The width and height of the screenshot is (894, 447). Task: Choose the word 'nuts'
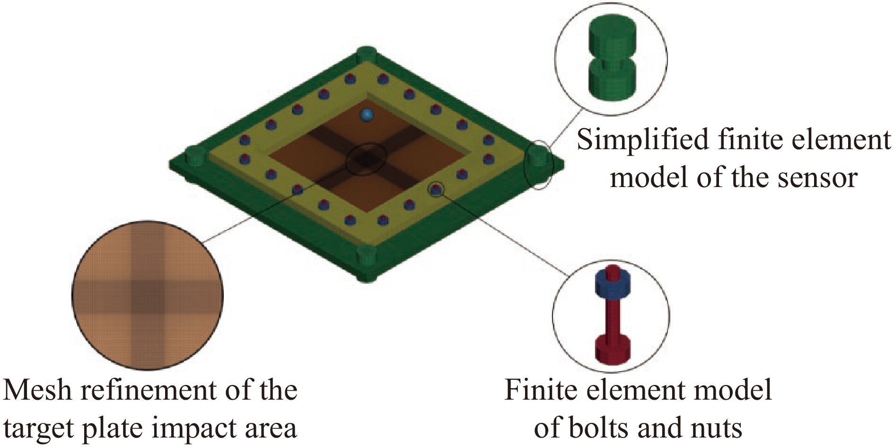click(x=717, y=428)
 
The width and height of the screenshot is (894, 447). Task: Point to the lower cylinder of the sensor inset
click(x=611, y=82)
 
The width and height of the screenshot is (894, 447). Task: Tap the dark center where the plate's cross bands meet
click(x=366, y=159)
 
